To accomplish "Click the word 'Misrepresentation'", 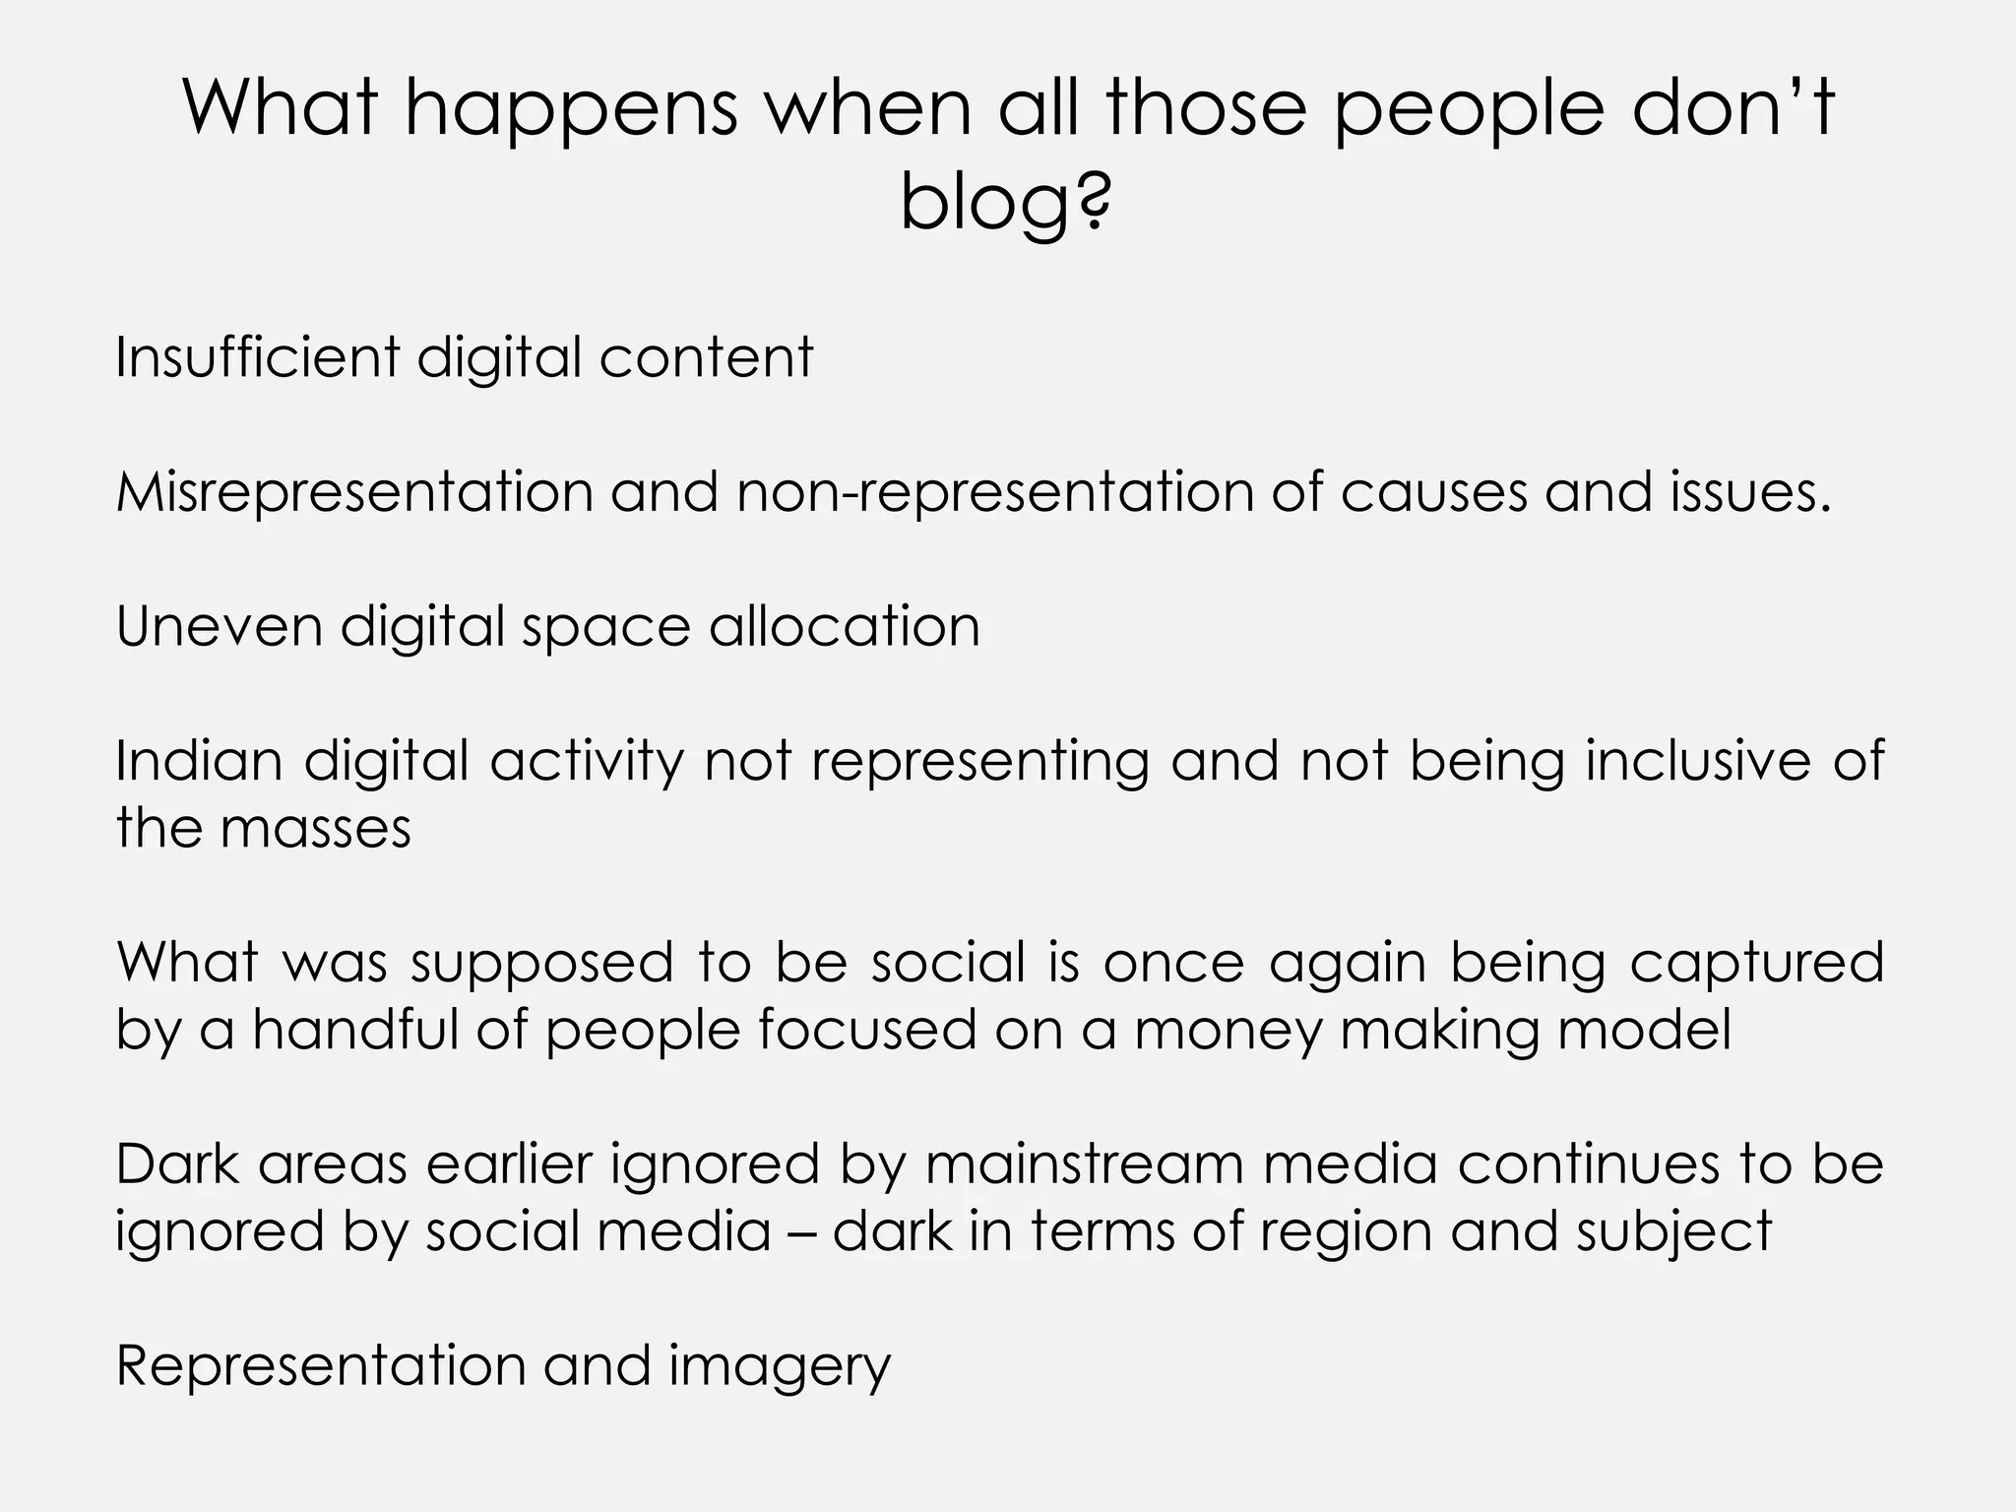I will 354,491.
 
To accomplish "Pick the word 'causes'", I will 1432,491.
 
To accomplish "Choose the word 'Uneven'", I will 219,626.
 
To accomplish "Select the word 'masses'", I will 315,828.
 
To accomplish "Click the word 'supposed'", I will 541,962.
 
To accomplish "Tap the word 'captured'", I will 1756,962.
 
